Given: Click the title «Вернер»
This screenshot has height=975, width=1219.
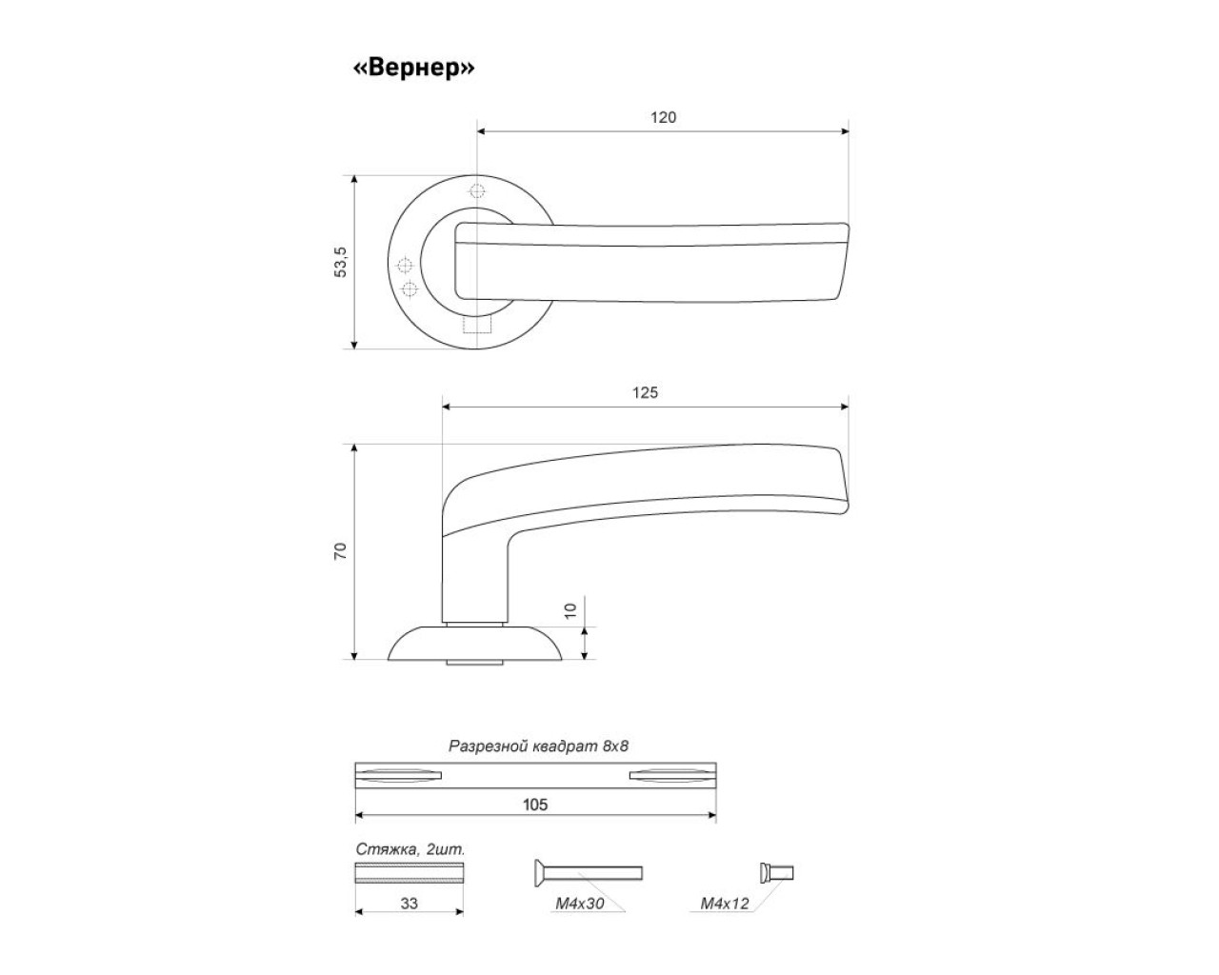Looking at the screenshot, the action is pos(414,68).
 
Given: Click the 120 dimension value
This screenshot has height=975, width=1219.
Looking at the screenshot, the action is pos(664,117).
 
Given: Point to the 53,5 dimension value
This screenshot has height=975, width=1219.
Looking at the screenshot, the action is pos(340,262).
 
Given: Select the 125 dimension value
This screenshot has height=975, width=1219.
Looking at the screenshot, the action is pos(645,392).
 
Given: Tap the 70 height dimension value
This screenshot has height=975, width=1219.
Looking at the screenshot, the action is pos(340,551).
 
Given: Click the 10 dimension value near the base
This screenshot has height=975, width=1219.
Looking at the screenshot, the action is pos(570,610).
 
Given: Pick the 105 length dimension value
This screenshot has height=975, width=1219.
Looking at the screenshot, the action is pos(535,805).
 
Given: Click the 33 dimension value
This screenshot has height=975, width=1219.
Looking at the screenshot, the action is pos(409,903).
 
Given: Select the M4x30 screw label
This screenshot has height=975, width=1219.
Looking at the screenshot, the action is pos(579,903).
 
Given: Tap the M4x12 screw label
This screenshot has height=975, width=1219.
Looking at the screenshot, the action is pos(725,903).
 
